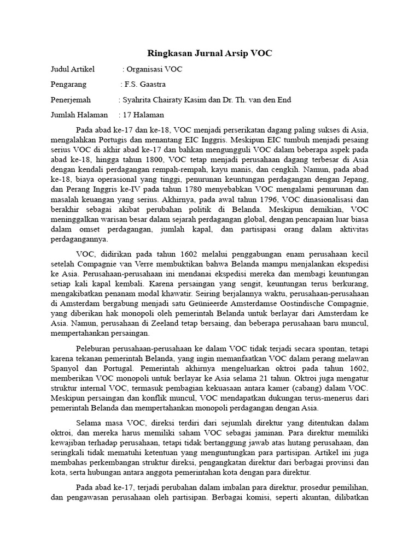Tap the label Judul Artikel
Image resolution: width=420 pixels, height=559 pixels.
tap(72, 69)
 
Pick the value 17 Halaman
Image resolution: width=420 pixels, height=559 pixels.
tap(144, 115)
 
